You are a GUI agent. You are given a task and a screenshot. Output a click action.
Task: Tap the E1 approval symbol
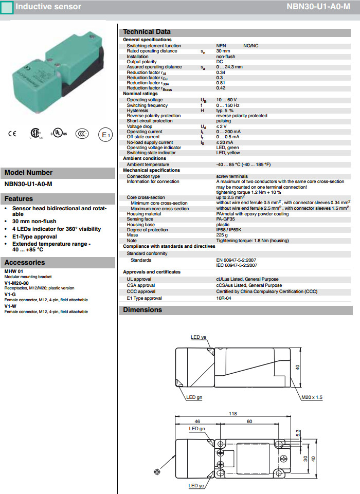pos(105,135)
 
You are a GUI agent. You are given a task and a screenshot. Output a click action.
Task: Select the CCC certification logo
pos(82,134)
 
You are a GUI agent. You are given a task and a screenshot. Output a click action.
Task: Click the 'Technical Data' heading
pos(147,32)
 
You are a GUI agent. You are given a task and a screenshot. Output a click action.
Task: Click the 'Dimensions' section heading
pos(142,310)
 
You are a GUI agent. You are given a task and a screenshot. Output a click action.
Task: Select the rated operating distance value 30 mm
pos(223,51)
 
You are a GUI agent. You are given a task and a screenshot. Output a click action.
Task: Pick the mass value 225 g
pos(222,235)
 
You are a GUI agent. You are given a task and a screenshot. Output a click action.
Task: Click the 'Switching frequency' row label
pos(147,105)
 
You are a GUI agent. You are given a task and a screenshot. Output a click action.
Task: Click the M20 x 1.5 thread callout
pos(312,397)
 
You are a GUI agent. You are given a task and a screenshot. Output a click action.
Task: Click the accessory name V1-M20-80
pos(16,283)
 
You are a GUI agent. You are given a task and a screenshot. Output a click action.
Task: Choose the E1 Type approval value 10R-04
pos(224,298)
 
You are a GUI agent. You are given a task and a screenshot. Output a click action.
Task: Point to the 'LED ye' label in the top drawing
pos(198,337)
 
